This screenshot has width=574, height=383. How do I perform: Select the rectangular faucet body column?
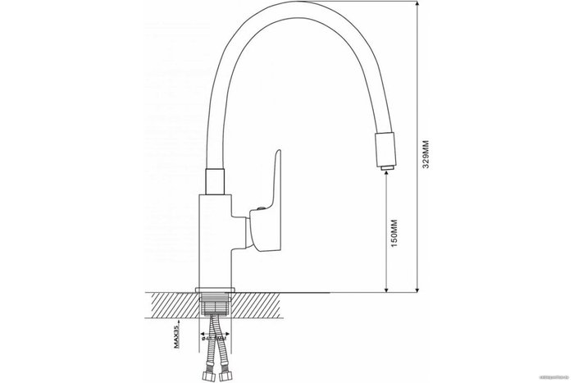click(x=217, y=238)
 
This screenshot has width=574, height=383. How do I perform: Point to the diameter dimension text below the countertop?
click(x=212, y=335)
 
